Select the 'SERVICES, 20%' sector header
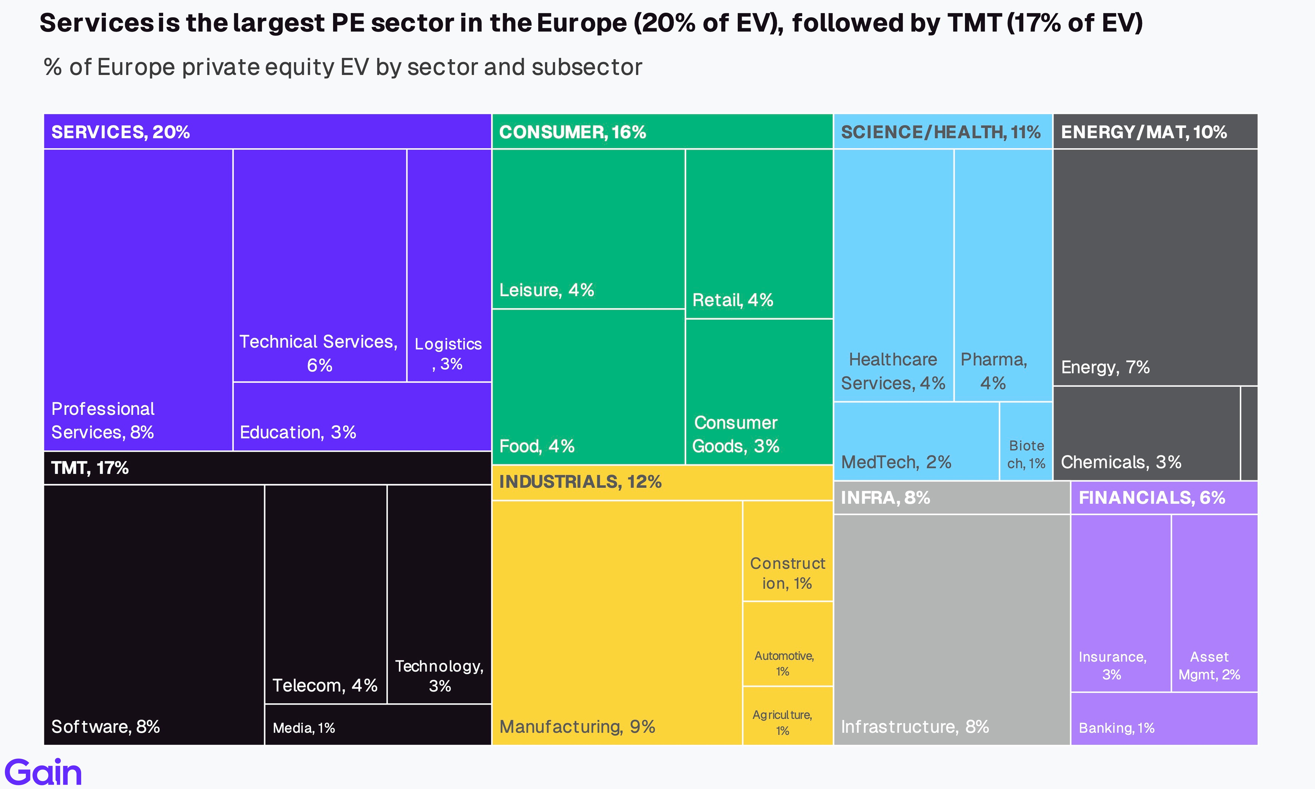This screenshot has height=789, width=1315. click(x=120, y=132)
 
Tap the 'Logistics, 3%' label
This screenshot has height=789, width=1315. click(x=448, y=354)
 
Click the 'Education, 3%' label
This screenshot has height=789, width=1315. click(x=298, y=432)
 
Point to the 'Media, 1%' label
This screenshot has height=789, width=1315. click(x=304, y=728)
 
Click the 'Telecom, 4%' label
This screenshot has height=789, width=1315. click(x=325, y=685)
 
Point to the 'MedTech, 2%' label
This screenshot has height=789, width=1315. click(x=896, y=462)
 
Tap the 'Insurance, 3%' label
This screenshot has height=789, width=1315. click(x=1112, y=666)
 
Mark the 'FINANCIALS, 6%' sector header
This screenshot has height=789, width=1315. click(x=1151, y=498)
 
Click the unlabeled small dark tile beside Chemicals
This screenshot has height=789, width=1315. click(x=1249, y=433)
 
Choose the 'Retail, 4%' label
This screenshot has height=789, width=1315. click(x=732, y=300)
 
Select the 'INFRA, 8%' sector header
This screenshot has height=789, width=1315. click(x=885, y=498)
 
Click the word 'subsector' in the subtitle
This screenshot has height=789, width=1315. click(x=587, y=67)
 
